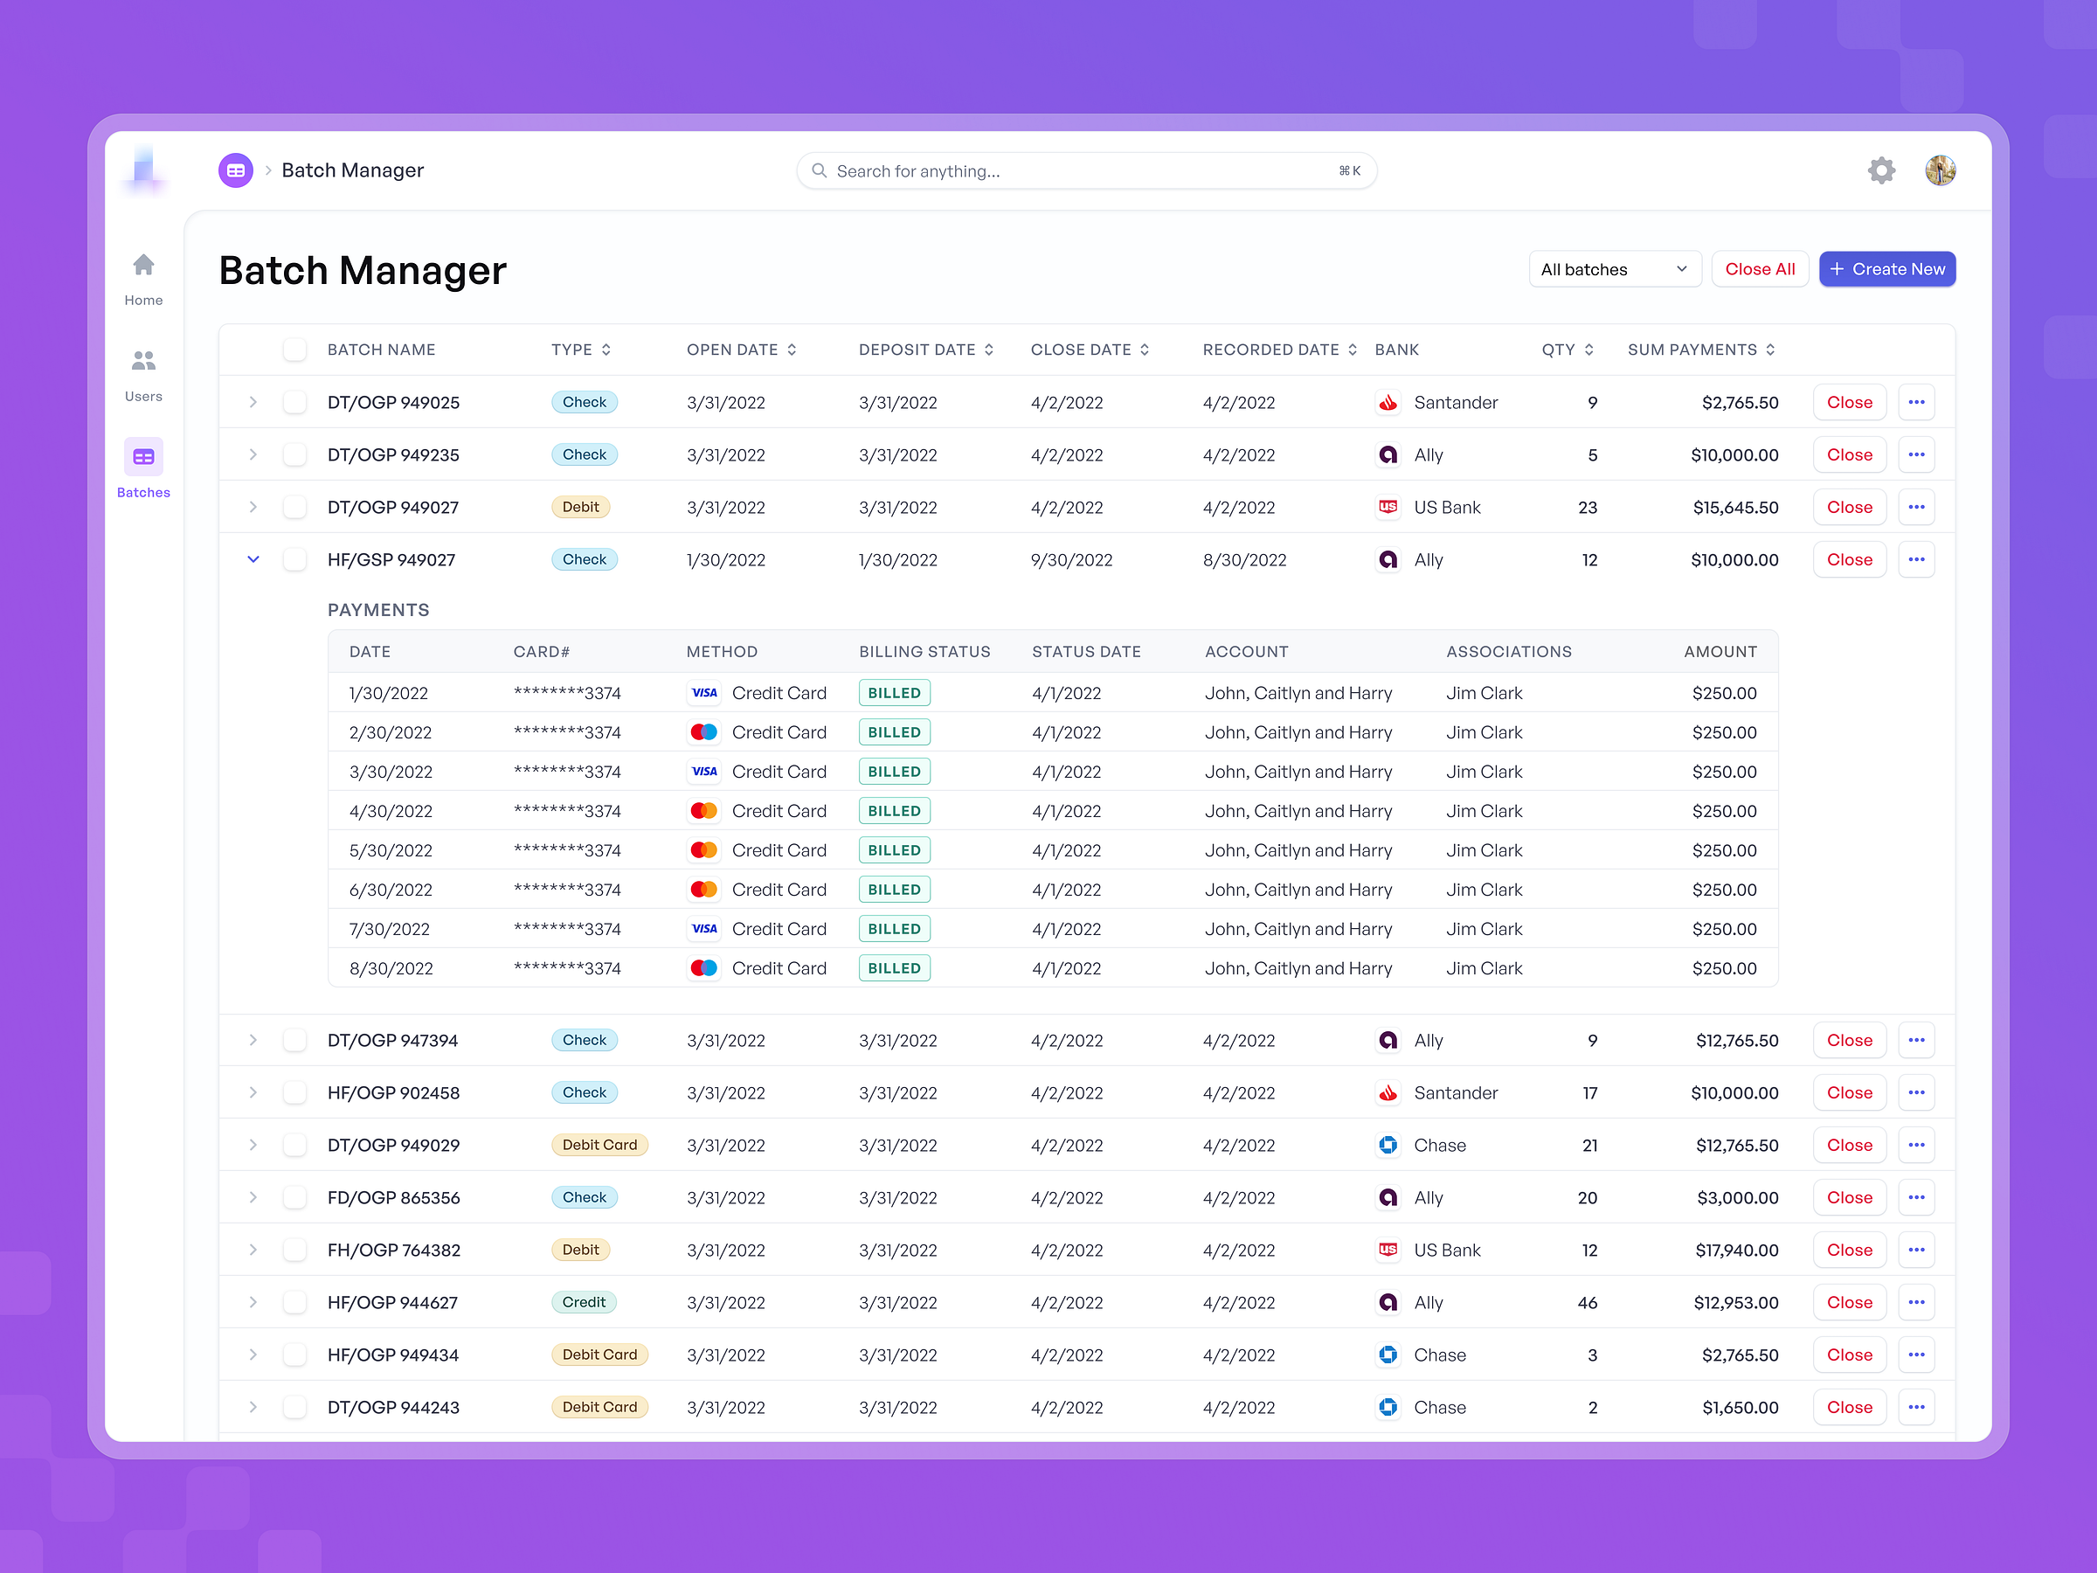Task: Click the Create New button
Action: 1886,269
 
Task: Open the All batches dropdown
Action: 1614,269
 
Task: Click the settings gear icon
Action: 1881,170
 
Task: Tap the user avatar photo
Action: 1940,170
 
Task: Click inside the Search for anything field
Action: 1081,171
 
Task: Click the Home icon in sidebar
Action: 143,266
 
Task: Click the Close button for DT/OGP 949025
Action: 1849,403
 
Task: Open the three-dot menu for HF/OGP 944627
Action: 1916,1303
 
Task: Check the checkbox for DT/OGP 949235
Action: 294,455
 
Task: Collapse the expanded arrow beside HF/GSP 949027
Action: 253,559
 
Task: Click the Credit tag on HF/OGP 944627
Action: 583,1303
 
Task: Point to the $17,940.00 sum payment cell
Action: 1736,1251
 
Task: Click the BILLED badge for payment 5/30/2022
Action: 894,850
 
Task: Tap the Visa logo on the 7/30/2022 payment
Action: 703,929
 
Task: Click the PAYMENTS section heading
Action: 378,611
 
